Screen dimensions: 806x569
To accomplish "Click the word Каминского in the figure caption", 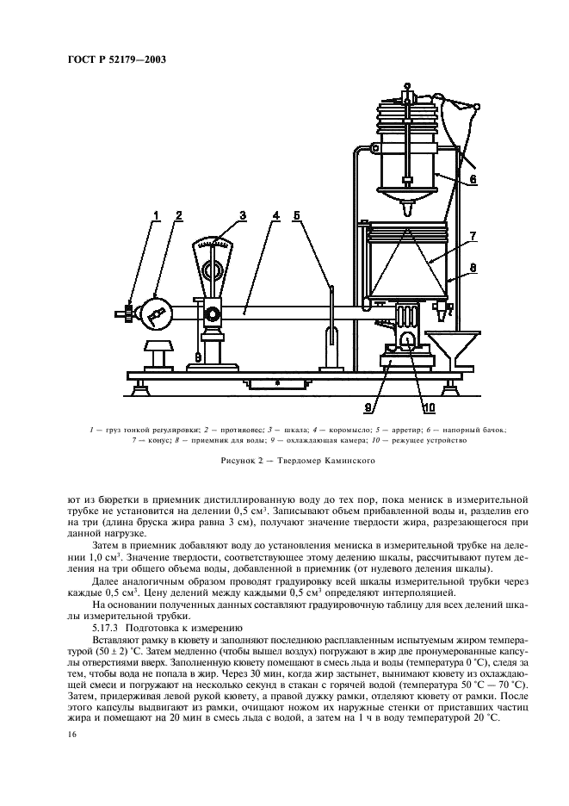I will tap(349, 461).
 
